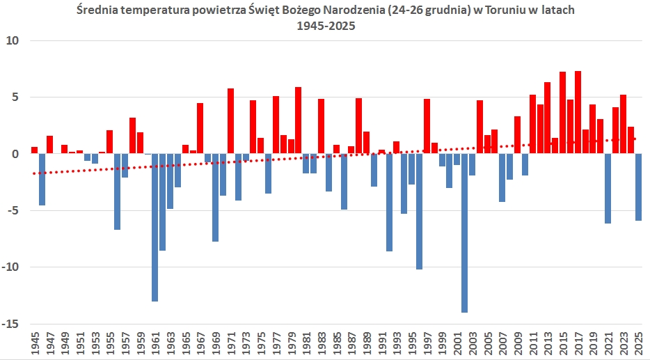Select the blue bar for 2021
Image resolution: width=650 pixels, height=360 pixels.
[x=608, y=188]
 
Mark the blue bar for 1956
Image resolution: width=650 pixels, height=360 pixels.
[x=117, y=191]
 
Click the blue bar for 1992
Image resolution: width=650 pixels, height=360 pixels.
[x=389, y=202]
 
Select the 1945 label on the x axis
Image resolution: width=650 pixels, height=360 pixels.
[x=34, y=345]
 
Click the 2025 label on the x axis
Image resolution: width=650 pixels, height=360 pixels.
[x=638, y=345]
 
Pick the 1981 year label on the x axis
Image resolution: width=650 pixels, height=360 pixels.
[x=306, y=345]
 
